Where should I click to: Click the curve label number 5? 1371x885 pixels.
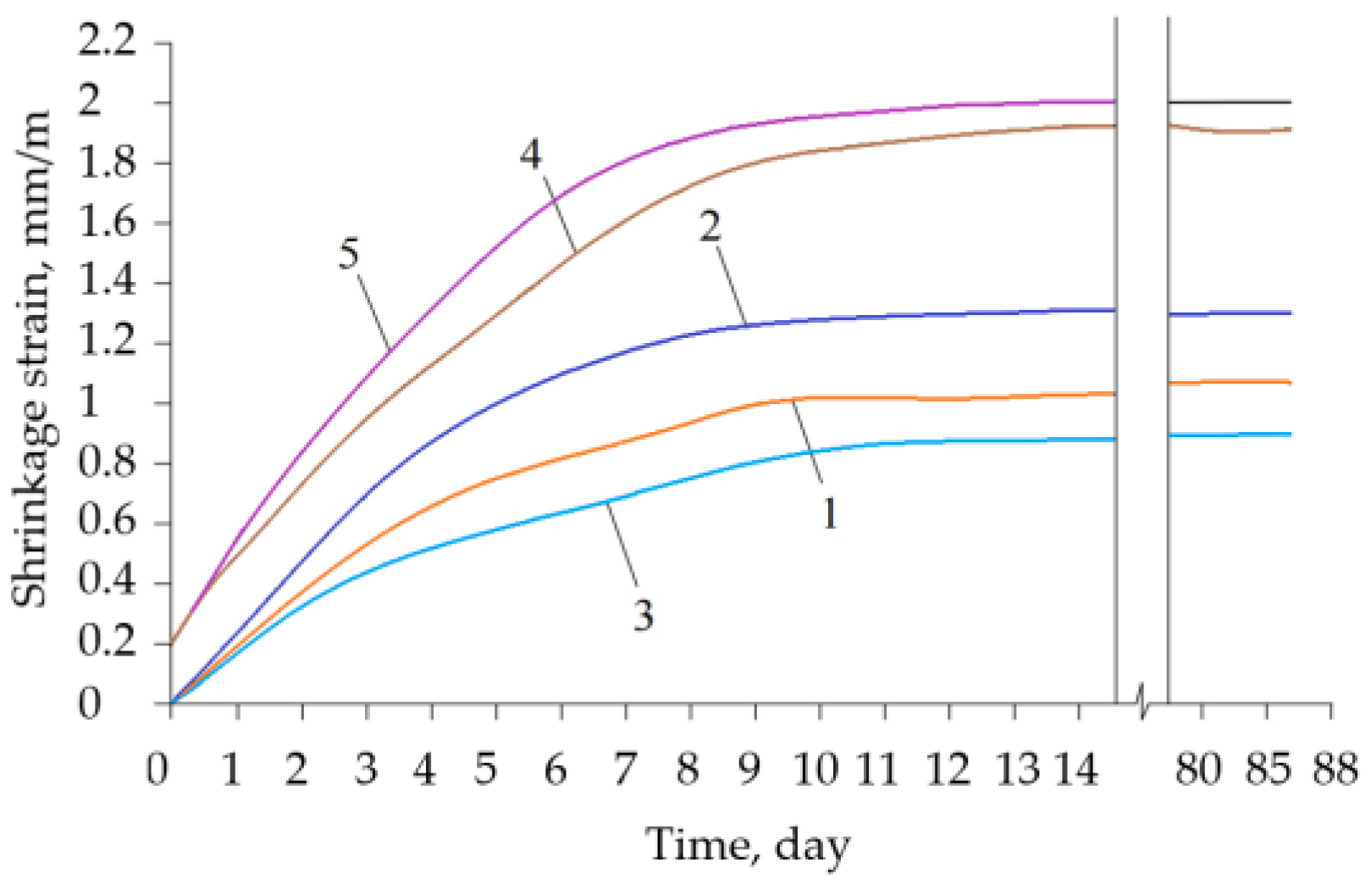(349, 253)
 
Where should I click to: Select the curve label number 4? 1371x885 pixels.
(531, 154)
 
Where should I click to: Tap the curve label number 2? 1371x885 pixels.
(710, 226)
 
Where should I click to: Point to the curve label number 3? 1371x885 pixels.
(644, 615)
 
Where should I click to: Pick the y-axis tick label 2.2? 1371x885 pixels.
(107, 40)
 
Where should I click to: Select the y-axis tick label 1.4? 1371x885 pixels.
(107, 281)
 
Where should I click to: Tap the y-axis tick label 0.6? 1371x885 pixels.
(107, 522)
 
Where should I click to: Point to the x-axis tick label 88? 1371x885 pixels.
(1335, 770)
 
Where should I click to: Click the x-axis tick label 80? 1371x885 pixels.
(1198, 770)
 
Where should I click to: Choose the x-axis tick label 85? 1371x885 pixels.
(1268, 770)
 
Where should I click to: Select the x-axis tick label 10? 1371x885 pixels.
(815, 770)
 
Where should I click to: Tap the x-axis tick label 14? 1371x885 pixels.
(1076, 770)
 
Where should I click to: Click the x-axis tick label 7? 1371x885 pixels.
(625, 770)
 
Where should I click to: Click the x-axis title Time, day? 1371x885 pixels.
(749, 844)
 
